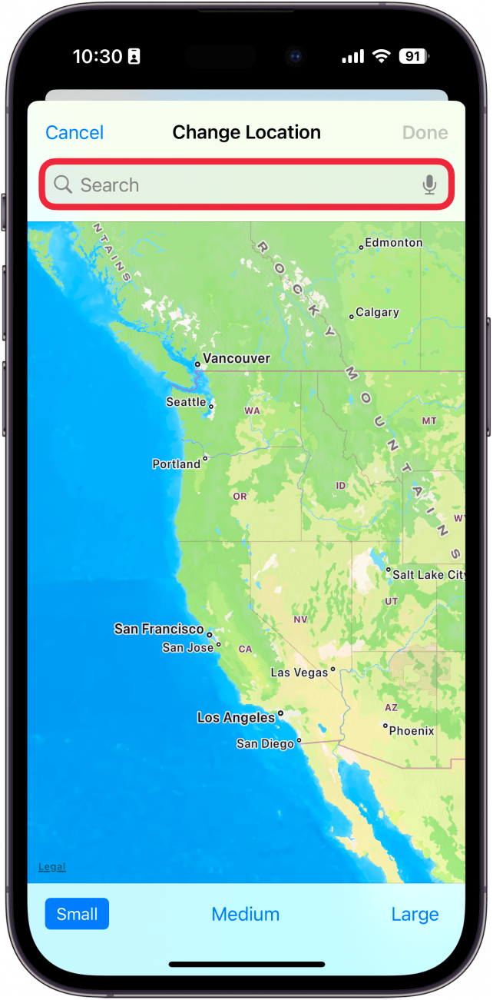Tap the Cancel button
coord(74,133)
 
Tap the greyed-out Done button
coord(425,133)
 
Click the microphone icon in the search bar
coord(429,185)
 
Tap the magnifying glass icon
coord(63,185)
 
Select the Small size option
coord(77,914)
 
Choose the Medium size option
coord(246,914)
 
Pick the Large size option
coord(415,914)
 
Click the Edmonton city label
coord(393,243)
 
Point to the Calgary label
coord(377,313)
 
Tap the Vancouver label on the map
coord(237,358)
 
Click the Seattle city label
coord(186,402)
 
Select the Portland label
coord(176,464)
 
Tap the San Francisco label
coord(159,629)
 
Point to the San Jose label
coord(188,648)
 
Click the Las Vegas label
coord(299,673)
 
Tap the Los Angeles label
coord(236,718)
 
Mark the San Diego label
coord(265,743)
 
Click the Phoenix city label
coord(412,731)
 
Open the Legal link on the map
coord(52,867)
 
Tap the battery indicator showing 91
coord(413,56)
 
